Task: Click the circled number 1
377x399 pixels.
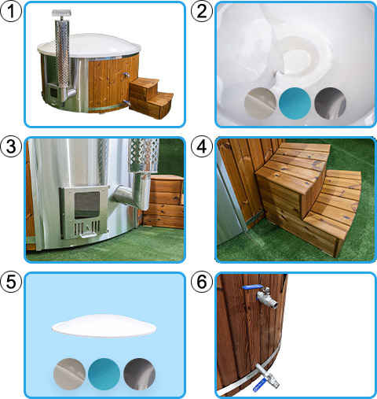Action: click(11, 11)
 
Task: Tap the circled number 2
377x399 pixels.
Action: click(201, 11)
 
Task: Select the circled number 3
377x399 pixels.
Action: click(11, 146)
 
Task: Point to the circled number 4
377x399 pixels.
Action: click(201, 146)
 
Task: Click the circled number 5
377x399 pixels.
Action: click(11, 282)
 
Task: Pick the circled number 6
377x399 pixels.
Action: click(201, 282)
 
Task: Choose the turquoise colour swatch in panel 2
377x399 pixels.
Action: click(295, 103)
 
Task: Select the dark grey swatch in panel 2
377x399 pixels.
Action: click(330, 103)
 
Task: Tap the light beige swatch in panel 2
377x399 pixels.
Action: click(260, 103)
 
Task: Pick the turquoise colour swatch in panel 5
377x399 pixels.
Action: click(104, 374)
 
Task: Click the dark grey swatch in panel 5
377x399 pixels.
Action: click(139, 374)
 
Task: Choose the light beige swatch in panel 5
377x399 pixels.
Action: click(69, 374)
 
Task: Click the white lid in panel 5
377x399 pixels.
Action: click(104, 326)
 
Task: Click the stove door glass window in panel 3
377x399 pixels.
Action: click(87, 205)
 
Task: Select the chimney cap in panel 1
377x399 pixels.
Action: click(62, 13)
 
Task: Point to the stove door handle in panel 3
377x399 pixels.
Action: click(88, 235)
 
